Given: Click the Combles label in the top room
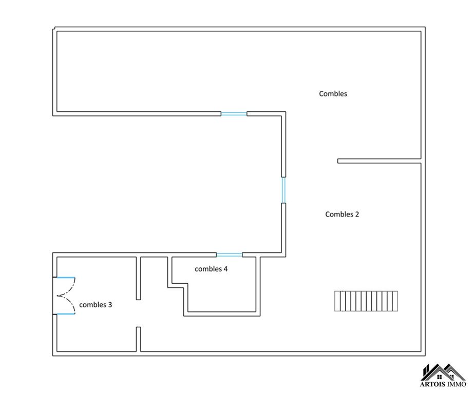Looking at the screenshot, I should (x=333, y=93).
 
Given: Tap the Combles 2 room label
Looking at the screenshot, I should (x=341, y=214).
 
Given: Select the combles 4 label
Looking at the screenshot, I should (x=211, y=268).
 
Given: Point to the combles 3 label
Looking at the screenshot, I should (x=96, y=304).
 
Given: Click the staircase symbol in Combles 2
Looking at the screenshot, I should (x=366, y=301).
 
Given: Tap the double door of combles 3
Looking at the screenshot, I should (x=65, y=295).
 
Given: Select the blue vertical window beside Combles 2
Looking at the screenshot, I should (x=283, y=190).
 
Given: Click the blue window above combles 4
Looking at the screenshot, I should (x=229, y=254).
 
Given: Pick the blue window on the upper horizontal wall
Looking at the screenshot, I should (x=234, y=114).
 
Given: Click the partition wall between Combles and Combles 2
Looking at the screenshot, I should (x=379, y=161).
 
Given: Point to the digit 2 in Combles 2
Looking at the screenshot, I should (x=357, y=214).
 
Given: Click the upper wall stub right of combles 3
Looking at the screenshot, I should (x=138, y=278).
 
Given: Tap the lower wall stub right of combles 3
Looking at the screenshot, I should (x=138, y=339).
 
